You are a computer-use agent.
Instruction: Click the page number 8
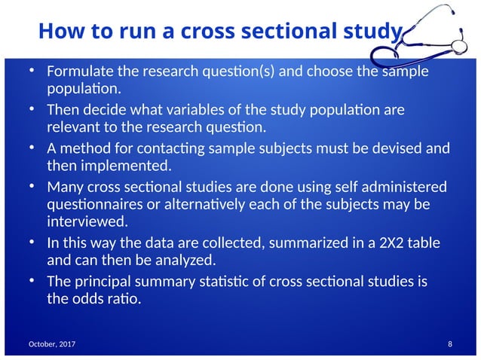point(449,344)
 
